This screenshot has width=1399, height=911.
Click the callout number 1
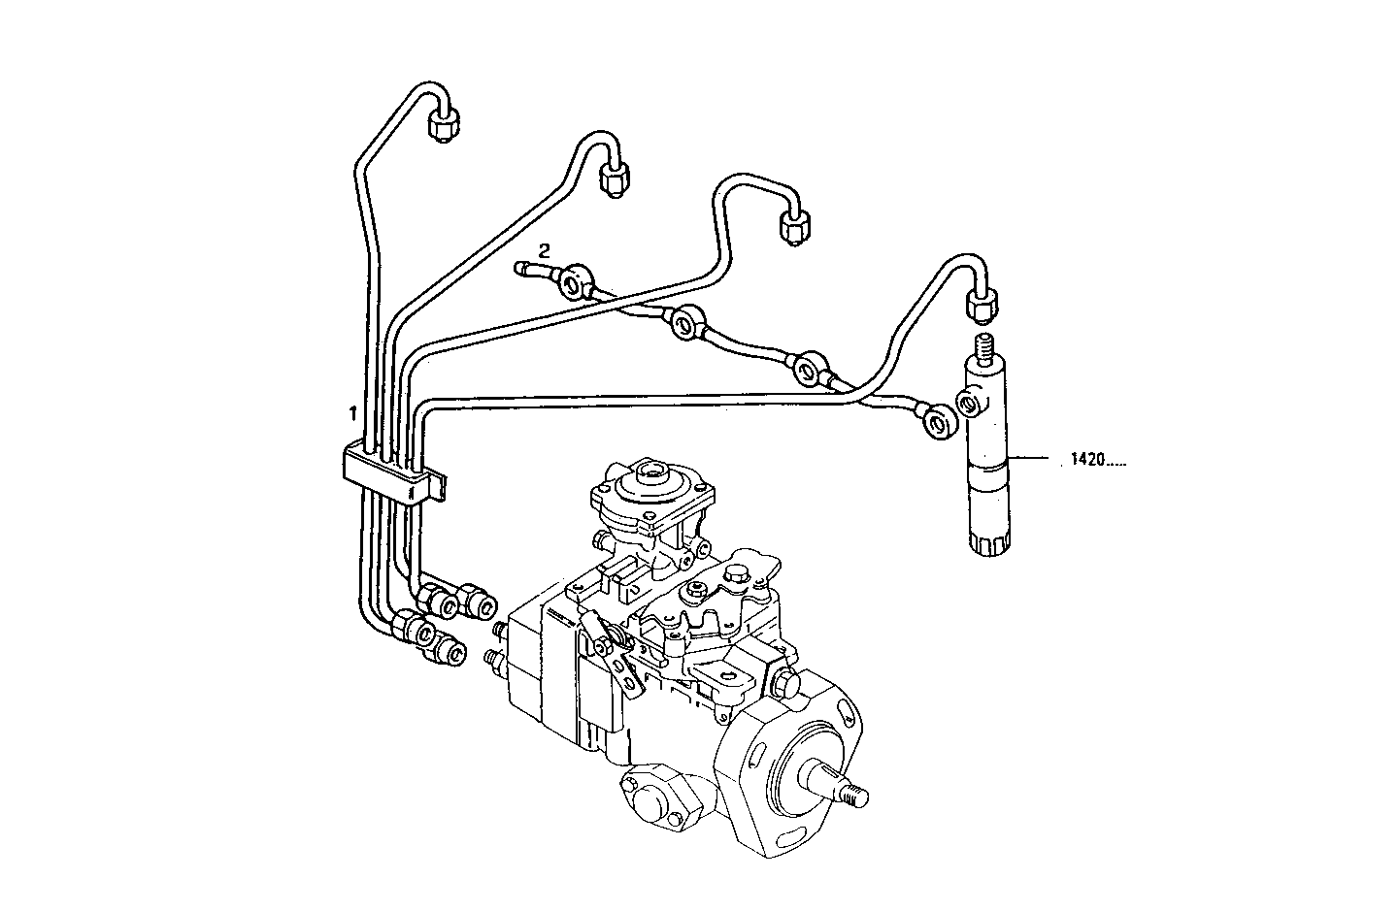coord(353,413)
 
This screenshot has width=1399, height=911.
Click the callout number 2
coord(545,248)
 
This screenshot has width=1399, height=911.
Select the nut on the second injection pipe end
coord(615,179)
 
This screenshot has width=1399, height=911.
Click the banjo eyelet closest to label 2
coord(574,280)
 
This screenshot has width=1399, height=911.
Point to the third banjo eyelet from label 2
coord(809,369)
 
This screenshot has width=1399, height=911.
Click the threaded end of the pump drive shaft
coord(853,795)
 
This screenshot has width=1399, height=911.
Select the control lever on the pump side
coord(609,651)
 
